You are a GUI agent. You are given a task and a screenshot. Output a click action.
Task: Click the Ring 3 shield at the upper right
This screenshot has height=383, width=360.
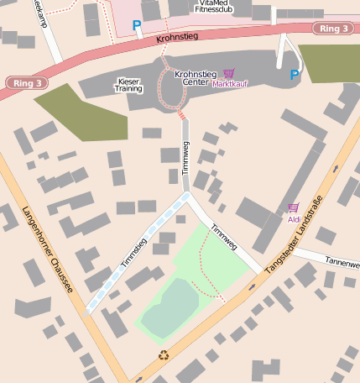click(x=334, y=29)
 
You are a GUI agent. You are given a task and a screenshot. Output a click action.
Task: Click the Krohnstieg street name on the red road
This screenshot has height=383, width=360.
click(x=176, y=39)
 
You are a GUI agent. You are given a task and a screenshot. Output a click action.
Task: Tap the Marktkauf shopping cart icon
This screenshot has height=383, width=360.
click(x=229, y=74)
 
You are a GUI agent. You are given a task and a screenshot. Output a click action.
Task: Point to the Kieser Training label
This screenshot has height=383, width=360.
click(x=128, y=84)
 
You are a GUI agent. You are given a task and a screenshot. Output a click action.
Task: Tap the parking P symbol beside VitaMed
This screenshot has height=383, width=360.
click(x=137, y=26)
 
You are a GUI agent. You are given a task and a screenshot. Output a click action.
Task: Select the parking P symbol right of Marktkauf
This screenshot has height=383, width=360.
click(x=294, y=76)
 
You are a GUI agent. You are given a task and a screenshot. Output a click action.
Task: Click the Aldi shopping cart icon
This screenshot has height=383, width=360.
click(x=293, y=207)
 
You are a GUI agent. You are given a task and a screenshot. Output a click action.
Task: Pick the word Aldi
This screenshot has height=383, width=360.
click(x=294, y=219)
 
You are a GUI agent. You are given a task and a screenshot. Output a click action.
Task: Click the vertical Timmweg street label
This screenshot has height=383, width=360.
click(x=185, y=156)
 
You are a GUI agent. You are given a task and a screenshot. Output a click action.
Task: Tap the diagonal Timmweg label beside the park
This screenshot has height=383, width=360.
click(x=224, y=236)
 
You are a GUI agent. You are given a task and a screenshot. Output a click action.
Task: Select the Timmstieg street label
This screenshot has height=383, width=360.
click(x=133, y=253)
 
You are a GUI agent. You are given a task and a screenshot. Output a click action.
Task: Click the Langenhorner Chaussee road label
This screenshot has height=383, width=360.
click(x=48, y=250)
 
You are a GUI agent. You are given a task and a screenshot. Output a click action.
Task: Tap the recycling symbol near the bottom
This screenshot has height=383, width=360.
click(x=164, y=354)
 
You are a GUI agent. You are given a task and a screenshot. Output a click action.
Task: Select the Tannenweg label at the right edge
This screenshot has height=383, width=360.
click(x=342, y=262)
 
